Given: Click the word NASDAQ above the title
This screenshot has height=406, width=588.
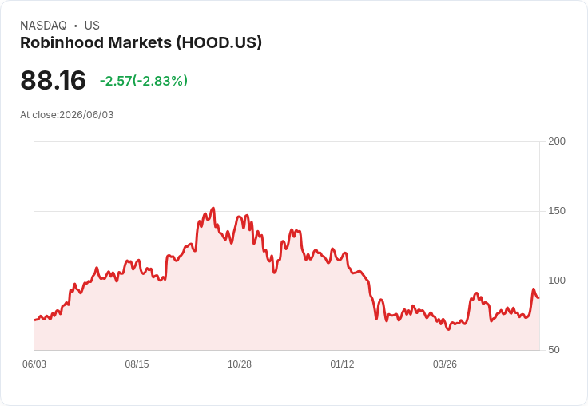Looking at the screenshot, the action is point(43,26).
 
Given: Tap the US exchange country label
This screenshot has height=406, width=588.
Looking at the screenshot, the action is point(92,26).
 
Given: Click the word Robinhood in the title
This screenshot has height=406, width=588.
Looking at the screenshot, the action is point(62,42).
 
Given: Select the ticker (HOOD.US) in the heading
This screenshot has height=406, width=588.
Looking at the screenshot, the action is point(219,42).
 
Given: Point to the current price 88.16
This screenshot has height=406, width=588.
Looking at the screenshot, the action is point(53,80).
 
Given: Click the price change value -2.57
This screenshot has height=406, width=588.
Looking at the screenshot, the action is point(116,81).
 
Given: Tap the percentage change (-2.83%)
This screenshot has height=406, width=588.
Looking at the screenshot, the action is point(160,81).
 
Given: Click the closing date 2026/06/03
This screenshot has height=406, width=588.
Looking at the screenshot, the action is point(86,115).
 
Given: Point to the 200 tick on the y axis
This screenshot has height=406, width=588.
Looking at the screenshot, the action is point(557,141).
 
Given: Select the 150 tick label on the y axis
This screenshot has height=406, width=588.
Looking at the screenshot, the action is point(557,211).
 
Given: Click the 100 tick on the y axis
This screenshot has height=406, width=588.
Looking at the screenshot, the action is point(557,281).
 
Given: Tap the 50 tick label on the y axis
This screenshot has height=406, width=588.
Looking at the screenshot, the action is point(554,350).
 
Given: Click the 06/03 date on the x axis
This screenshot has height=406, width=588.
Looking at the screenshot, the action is point(34,364).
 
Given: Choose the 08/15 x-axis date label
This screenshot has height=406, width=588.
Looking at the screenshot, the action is point(137,364).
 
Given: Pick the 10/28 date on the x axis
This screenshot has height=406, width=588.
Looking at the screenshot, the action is point(240,364).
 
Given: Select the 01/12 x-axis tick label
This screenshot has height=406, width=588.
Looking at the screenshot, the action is point(342,364).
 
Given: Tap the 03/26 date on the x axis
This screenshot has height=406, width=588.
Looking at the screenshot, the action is point(445,364).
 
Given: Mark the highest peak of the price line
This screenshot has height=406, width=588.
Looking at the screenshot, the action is point(213,208).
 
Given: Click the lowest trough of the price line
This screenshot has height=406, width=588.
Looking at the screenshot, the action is point(448,329).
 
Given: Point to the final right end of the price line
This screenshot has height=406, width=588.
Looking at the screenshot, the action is point(539,297).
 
